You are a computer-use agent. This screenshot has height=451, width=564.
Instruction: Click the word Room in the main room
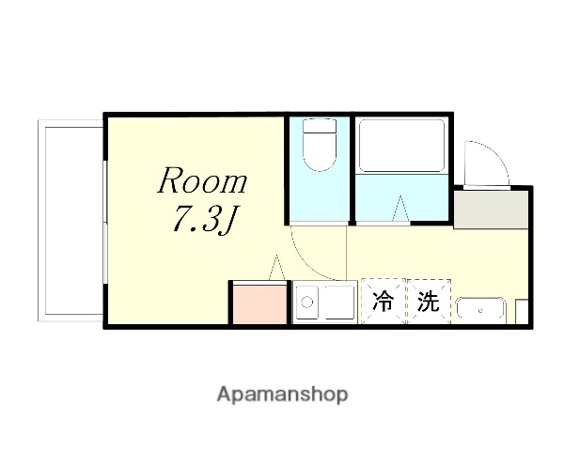tap(201, 179)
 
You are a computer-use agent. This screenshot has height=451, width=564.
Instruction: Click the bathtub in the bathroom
tap(401, 146)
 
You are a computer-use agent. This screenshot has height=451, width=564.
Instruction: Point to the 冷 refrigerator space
tap(383, 303)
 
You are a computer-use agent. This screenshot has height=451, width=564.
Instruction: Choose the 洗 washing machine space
tap(429, 303)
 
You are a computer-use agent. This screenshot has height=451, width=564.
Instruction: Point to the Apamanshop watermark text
tap(282, 394)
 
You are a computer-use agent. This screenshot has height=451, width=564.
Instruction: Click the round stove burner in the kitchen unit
tap(305, 303)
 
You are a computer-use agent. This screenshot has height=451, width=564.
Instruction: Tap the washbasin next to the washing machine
tap(480, 307)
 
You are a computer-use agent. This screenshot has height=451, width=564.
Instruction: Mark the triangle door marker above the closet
tap(276, 267)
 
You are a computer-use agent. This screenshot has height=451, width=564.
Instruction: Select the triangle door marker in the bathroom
tap(400, 209)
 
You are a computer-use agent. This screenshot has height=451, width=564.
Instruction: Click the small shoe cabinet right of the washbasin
tap(522, 311)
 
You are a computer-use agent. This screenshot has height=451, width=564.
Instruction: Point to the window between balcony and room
tap(104, 220)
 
